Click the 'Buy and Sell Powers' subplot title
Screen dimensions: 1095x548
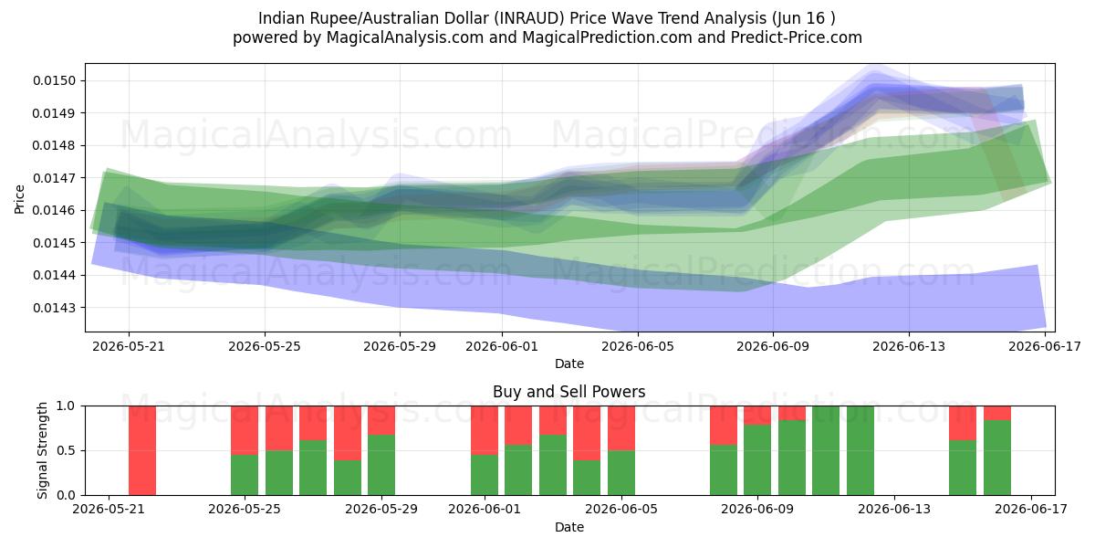click(x=569, y=392)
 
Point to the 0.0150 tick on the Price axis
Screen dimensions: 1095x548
click(x=55, y=80)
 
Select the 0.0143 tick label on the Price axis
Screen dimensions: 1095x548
click(x=55, y=308)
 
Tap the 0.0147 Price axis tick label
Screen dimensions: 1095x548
click(x=55, y=178)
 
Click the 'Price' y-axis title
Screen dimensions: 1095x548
click(x=19, y=199)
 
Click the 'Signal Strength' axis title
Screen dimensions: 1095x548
click(x=42, y=450)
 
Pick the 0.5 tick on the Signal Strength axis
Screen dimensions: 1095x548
click(x=66, y=450)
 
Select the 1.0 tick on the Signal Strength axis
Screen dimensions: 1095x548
click(x=66, y=406)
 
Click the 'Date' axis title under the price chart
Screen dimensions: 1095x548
click(x=569, y=364)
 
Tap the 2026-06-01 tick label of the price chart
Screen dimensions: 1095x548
click(x=502, y=346)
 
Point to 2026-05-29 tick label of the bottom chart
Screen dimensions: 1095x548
click(x=381, y=510)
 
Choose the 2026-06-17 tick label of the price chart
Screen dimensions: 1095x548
click(x=1045, y=346)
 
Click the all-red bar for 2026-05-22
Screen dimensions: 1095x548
click(x=142, y=450)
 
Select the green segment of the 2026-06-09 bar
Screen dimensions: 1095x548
click(x=757, y=460)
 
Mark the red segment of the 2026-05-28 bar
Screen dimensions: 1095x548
click(x=348, y=433)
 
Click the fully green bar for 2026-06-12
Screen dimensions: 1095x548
click(x=860, y=450)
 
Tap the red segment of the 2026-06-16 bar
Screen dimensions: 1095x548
click(x=997, y=413)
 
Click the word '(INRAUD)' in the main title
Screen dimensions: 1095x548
click(x=529, y=18)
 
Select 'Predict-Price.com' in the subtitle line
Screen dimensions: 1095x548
click(x=797, y=37)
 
